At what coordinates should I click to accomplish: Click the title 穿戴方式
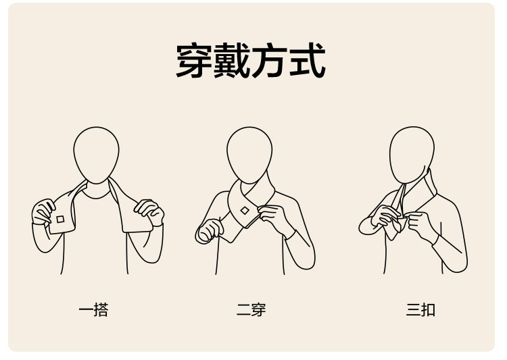pyautogui.click(x=251, y=60)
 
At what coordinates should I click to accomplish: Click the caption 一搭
pyautogui.click(x=93, y=310)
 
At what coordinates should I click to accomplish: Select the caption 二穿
pyautogui.click(x=251, y=310)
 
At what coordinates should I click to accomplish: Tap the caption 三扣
pyautogui.click(x=420, y=310)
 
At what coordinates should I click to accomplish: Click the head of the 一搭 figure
pyautogui.click(x=96, y=155)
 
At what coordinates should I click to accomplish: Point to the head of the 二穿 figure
pyautogui.click(x=249, y=155)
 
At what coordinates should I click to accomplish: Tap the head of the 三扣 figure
pyautogui.click(x=412, y=155)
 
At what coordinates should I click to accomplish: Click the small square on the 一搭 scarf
pyautogui.click(x=60, y=220)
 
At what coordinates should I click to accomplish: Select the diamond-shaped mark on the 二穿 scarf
pyautogui.click(x=245, y=211)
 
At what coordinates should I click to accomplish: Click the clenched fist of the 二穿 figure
pyautogui.click(x=209, y=231)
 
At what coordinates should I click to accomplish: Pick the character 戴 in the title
pyautogui.click(x=231, y=60)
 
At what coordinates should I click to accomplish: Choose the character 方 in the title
pyautogui.click(x=269, y=60)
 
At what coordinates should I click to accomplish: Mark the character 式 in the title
pyautogui.click(x=307, y=60)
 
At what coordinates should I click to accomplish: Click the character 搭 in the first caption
pyautogui.click(x=101, y=310)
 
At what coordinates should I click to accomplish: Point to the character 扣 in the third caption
pyautogui.click(x=428, y=310)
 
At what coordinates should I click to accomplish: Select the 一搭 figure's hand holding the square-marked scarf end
pyautogui.click(x=43, y=211)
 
